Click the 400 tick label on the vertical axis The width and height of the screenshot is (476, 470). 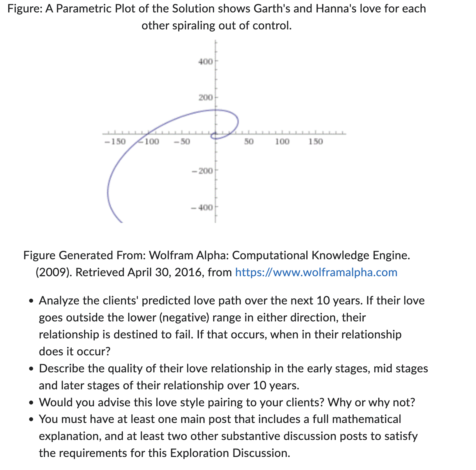point(206,62)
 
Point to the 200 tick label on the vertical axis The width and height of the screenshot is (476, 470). point(206,98)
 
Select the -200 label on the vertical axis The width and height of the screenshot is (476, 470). point(202,171)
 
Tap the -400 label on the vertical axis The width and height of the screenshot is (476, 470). point(202,208)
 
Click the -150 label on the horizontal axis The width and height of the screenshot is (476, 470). point(115,142)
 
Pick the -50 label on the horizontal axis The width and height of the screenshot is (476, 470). point(182,142)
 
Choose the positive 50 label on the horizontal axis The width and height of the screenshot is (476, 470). point(249,142)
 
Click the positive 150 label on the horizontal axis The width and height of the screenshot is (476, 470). point(316,142)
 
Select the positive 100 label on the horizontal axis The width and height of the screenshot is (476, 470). point(282,142)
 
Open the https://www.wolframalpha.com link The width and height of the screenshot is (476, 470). point(316,272)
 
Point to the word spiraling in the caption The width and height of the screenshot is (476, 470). point(194,26)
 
